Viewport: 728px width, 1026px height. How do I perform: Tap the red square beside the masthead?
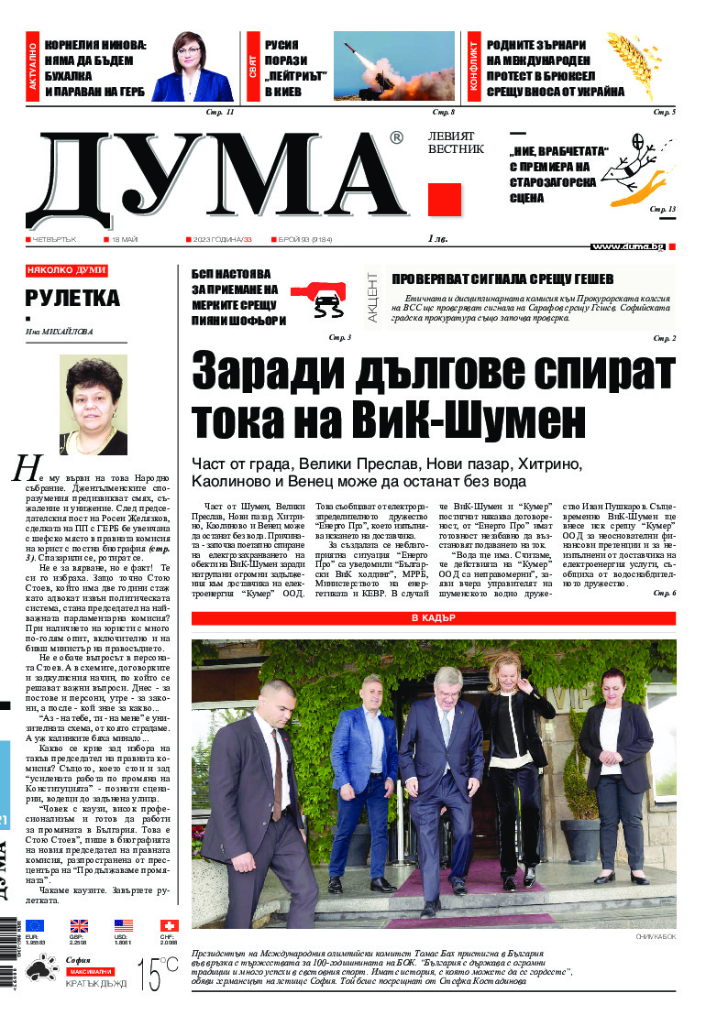tap(445, 199)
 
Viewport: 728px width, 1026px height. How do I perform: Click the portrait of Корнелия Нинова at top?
tap(192, 67)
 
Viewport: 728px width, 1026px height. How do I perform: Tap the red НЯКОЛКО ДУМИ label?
tap(67, 271)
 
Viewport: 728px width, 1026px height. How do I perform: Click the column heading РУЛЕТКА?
tap(72, 299)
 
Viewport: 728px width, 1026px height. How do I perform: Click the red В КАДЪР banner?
tap(433, 617)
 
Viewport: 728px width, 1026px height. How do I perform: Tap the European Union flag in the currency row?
tap(35, 926)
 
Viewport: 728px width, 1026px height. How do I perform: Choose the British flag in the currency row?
tap(79, 926)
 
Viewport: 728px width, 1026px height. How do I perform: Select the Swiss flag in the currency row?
tap(169, 926)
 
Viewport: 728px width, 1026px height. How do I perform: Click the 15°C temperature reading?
tap(158, 974)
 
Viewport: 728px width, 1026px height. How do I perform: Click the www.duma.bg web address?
tap(627, 246)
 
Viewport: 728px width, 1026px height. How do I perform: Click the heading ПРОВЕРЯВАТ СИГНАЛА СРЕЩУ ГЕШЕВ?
tap(502, 279)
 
